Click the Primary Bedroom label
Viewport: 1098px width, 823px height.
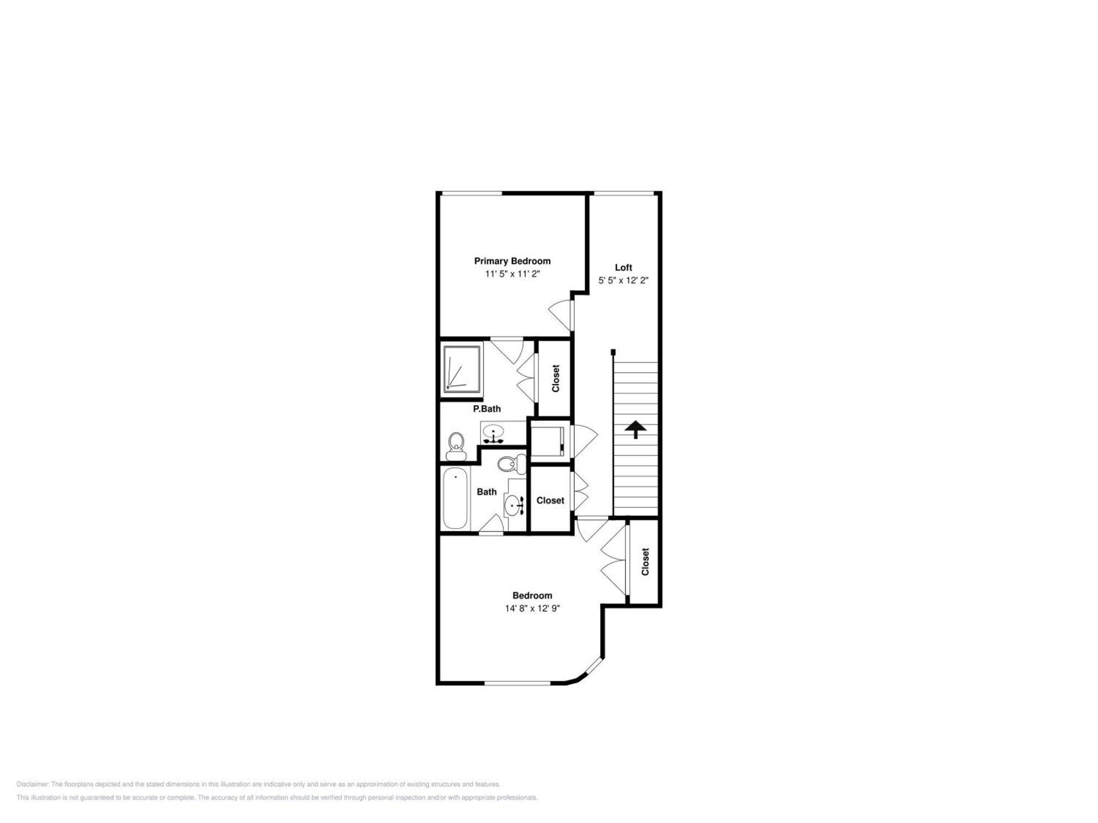(x=512, y=261)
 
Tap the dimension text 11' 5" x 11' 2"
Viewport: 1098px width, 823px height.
(x=512, y=274)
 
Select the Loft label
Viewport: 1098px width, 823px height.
(x=623, y=267)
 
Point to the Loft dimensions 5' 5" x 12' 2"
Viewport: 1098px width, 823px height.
(x=623, y=280)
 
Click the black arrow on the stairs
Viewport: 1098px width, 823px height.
(x=636, y=429)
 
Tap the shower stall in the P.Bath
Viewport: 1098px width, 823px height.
(x=462, y=369)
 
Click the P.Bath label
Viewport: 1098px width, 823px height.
(x=486, y=409)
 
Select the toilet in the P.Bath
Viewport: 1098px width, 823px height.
(x=456, y=446)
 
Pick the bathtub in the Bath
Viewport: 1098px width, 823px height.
(x=455, y=498)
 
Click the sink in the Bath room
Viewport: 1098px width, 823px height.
(x=514, y=504)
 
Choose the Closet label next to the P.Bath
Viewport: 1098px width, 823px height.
(x=556, y=378)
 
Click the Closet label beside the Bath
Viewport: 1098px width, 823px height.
(x=550, y=500)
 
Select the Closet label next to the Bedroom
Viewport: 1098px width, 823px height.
(x=645, y=561)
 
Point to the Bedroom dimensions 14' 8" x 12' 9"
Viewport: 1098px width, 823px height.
(x=532, y=608)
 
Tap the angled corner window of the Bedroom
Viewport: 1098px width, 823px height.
(x=593, y=668)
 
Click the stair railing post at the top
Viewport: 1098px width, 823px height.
(x=613, y=352)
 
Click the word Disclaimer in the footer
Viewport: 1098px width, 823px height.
(x=32, y=784)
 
